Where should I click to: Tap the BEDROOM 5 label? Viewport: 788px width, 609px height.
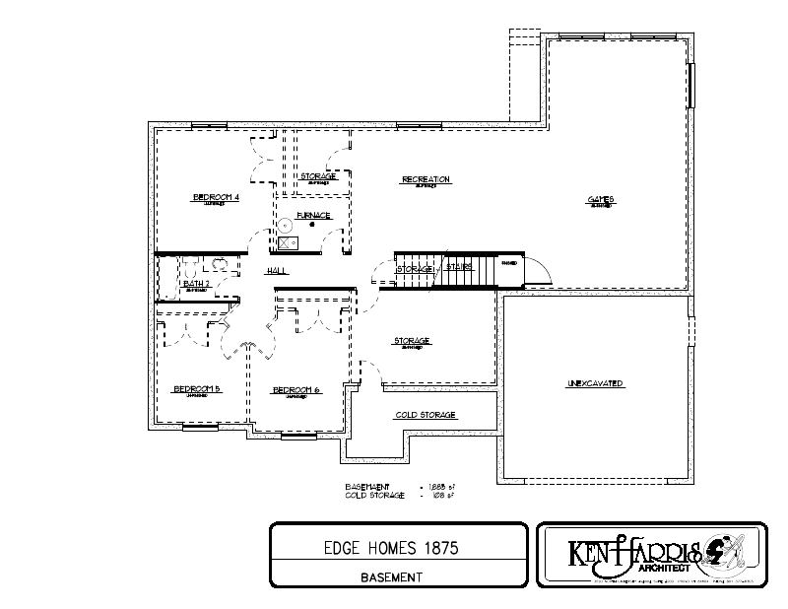[x=197, y=388]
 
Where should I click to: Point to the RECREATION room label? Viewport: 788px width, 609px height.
[x=426, y=179]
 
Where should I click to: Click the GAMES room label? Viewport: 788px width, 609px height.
[x=600, y=199]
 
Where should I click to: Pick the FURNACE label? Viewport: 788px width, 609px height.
[x=313, y=215]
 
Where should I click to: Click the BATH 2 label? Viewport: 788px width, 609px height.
[x=196, y=285]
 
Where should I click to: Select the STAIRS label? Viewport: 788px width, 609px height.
[x=459, y=266]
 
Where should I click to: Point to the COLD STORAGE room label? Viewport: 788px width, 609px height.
[x=426, y=415]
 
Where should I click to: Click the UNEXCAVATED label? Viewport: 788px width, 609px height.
[x=595, y=382]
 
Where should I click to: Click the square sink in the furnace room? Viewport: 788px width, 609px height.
[x=289, y=242]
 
